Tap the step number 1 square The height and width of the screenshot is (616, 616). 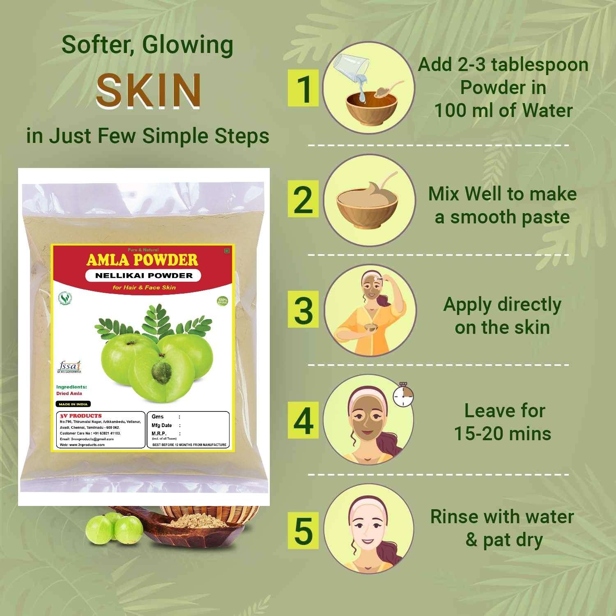[x=303, y=88]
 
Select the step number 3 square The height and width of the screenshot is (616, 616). [x=303, y=310]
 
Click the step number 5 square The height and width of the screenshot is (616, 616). [x=303, y=531]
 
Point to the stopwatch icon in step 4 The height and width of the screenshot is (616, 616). [x=403, y=395]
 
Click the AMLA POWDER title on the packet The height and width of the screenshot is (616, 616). [x=142, y=260]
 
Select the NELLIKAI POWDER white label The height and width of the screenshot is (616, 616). [x=143, y=276]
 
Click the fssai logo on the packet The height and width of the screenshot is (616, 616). [x=69, y=365]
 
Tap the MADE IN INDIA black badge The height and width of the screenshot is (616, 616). [x=73, y=404]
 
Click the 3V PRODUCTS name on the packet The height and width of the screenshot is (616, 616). [x=81, y=416]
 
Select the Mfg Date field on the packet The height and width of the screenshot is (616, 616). [x=162, y=425]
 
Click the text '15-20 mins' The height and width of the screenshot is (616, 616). [x=502, y=434]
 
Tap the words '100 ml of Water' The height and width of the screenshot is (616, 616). [x=503, y=110]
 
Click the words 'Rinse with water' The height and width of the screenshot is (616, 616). [x=502, y=517]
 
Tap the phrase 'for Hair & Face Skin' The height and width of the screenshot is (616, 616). [x=144, y=287]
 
